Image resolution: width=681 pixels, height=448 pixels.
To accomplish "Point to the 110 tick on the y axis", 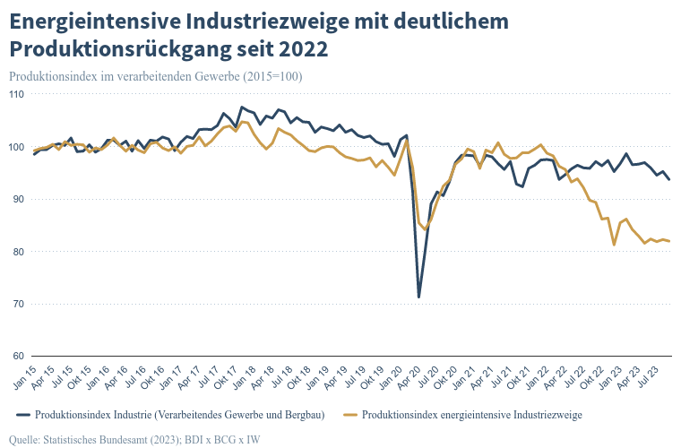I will coord(16,94).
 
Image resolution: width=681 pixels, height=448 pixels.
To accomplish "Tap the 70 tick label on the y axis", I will coord(18,305).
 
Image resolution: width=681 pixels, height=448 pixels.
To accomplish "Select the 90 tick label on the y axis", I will coord(18,199).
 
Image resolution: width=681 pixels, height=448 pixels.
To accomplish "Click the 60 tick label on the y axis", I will coord(18,357).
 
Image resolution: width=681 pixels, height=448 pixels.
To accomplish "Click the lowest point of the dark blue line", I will coord(418,297).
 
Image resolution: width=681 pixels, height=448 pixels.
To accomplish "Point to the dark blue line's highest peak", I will coord(241,107).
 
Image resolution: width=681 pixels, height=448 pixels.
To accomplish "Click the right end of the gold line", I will coord(669,241).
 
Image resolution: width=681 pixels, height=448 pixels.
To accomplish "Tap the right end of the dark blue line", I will coord(669,180).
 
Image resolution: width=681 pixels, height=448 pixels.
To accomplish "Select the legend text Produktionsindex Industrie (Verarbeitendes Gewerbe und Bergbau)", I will coord(179,414).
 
